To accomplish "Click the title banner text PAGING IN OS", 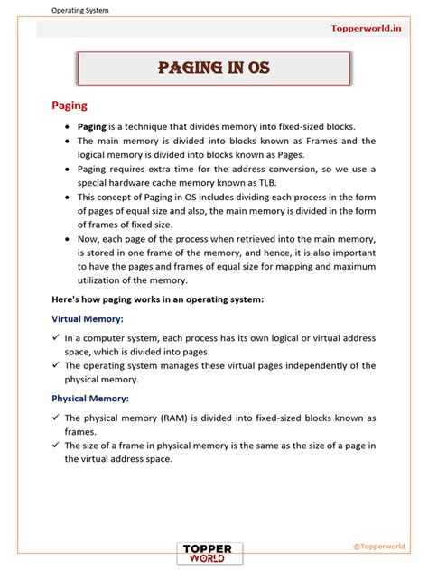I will click(x=213, y=69).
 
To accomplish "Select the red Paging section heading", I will click(x=70, y=106).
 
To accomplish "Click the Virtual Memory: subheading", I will click(x=89, y=318).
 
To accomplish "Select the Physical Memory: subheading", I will click(x=90, y=398).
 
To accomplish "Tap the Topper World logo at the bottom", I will click(x=213, y=551).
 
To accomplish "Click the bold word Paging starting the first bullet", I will click(x=92, y=127).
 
